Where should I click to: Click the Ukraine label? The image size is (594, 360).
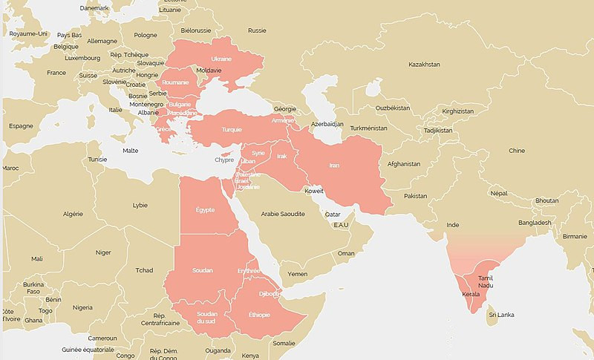click(221, 59)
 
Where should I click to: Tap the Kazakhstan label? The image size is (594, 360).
click(424, 65)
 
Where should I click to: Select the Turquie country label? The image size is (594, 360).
click(231, 130)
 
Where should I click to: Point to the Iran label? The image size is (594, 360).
click(334, 165)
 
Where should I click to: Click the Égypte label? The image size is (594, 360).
click(205, 210)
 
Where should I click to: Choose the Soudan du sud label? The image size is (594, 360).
click(207, 318)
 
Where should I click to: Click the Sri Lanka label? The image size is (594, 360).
click(501, 315)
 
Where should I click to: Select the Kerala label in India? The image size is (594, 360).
click(471, 295)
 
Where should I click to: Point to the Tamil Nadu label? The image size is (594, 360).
click(486, 282)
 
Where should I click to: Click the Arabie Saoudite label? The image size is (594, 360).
click(283, 214)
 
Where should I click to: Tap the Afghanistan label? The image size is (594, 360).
click(404, 164)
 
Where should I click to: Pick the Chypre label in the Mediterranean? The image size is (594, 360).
click(224, 160)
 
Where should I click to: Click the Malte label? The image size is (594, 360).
click(130, 151)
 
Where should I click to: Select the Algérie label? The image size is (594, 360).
click(73, 214)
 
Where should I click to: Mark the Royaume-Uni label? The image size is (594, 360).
click(28, 34)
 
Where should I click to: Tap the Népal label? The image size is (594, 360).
click(499, 193)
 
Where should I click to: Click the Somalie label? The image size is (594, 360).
click(284, 343)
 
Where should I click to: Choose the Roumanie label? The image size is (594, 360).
click(176, 82)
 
